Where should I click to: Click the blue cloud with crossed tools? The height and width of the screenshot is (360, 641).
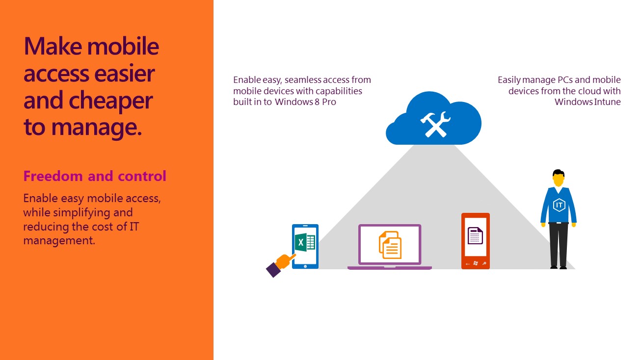click(433, 119)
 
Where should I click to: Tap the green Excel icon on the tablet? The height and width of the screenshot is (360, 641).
click(305, 242)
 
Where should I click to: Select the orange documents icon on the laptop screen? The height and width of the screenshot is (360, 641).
click(390, 245)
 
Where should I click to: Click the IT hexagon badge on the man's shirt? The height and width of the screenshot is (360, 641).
click(559, 205)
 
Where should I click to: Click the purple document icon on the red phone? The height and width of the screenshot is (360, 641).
click(475, 235)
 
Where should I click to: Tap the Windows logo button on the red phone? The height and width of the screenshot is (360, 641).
click(476, 263)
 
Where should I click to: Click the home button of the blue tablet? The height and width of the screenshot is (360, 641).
click(305, 266)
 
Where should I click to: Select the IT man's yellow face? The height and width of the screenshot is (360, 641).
click(559, 180)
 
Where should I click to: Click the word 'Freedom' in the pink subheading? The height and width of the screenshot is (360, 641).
click(53, 176)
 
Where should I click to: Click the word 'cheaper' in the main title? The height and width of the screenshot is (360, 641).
click(110, 101)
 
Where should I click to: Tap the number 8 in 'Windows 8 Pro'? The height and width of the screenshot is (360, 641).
click(317, 102)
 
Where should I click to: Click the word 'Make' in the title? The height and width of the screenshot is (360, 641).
click(53, 46)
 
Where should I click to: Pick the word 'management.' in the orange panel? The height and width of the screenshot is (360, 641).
click(59, 241)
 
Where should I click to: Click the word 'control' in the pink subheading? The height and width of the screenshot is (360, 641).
click(142, 176)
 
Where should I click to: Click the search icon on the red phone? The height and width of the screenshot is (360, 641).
click(484, 263)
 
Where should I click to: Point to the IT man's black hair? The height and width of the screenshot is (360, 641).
click(559, 173)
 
